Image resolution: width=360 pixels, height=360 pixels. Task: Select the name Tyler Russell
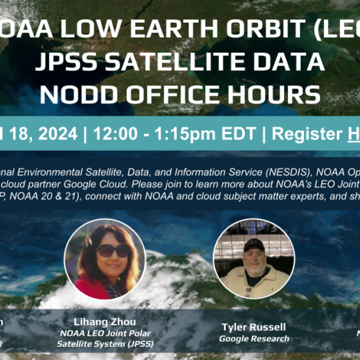[x=254, y=327]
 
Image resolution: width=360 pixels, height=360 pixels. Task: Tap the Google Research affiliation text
[x=254, y=338]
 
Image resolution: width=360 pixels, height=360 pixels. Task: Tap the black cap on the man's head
[x=254, y=244]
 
